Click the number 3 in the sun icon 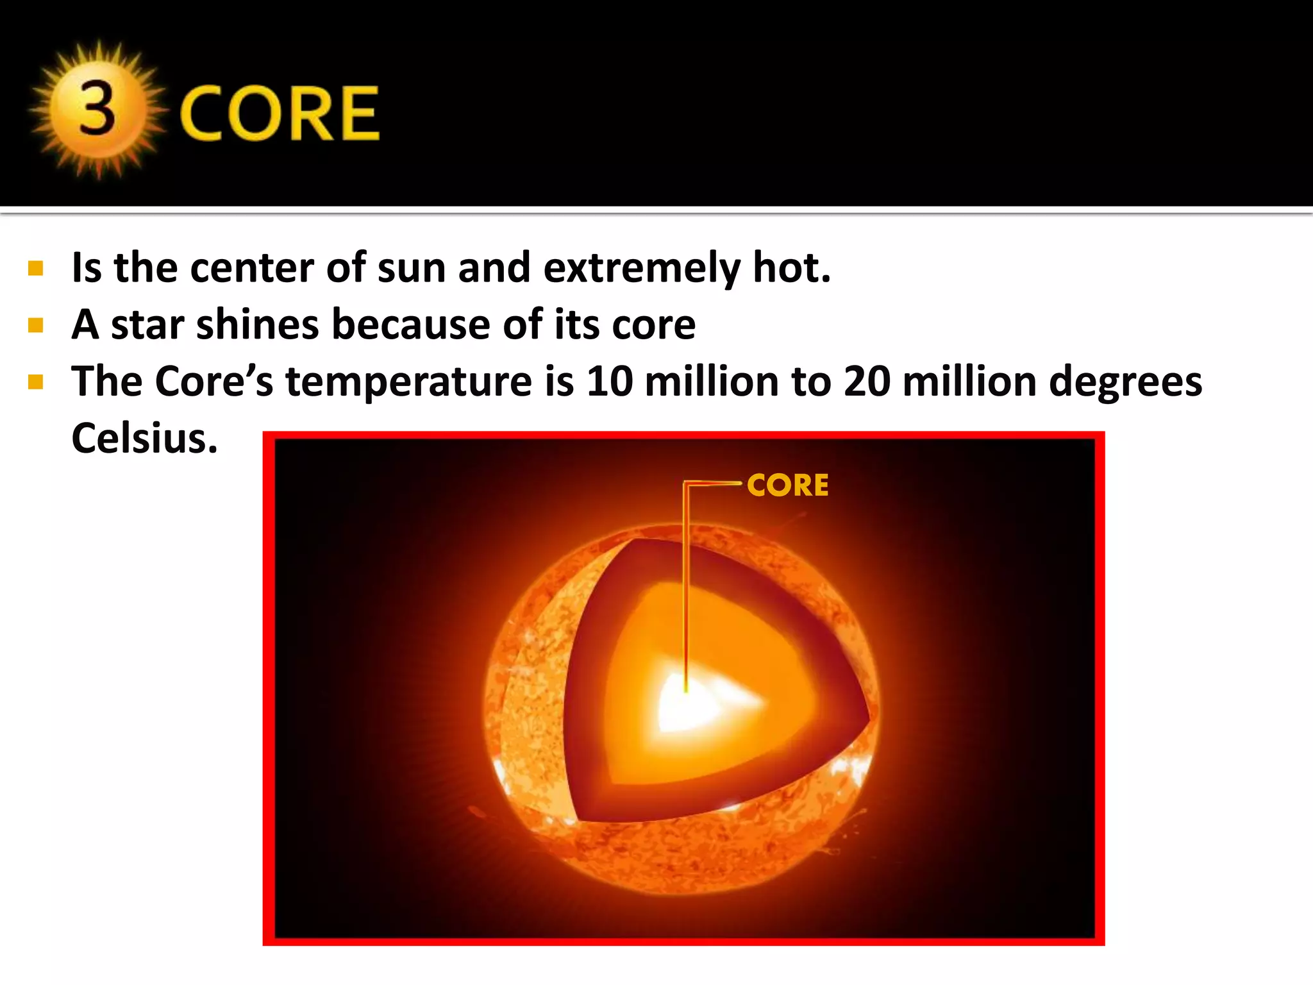[x=97, y=110]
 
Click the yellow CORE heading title [x=280, y=114]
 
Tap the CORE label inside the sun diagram [x=787, y=485]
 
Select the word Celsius [x=144, y=439]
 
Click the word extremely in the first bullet [x=642, y=267]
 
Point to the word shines [x=257, y=324]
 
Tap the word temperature [x=408, y=382]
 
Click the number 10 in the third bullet [x=610, y=382]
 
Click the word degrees [x=1125, y=383]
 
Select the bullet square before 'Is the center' [x=36, y=268]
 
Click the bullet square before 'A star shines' [x=36, y=325]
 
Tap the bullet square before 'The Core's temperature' [x=36, y=383]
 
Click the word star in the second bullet [x=147, y=324]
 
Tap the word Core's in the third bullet [x=214, y=382]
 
